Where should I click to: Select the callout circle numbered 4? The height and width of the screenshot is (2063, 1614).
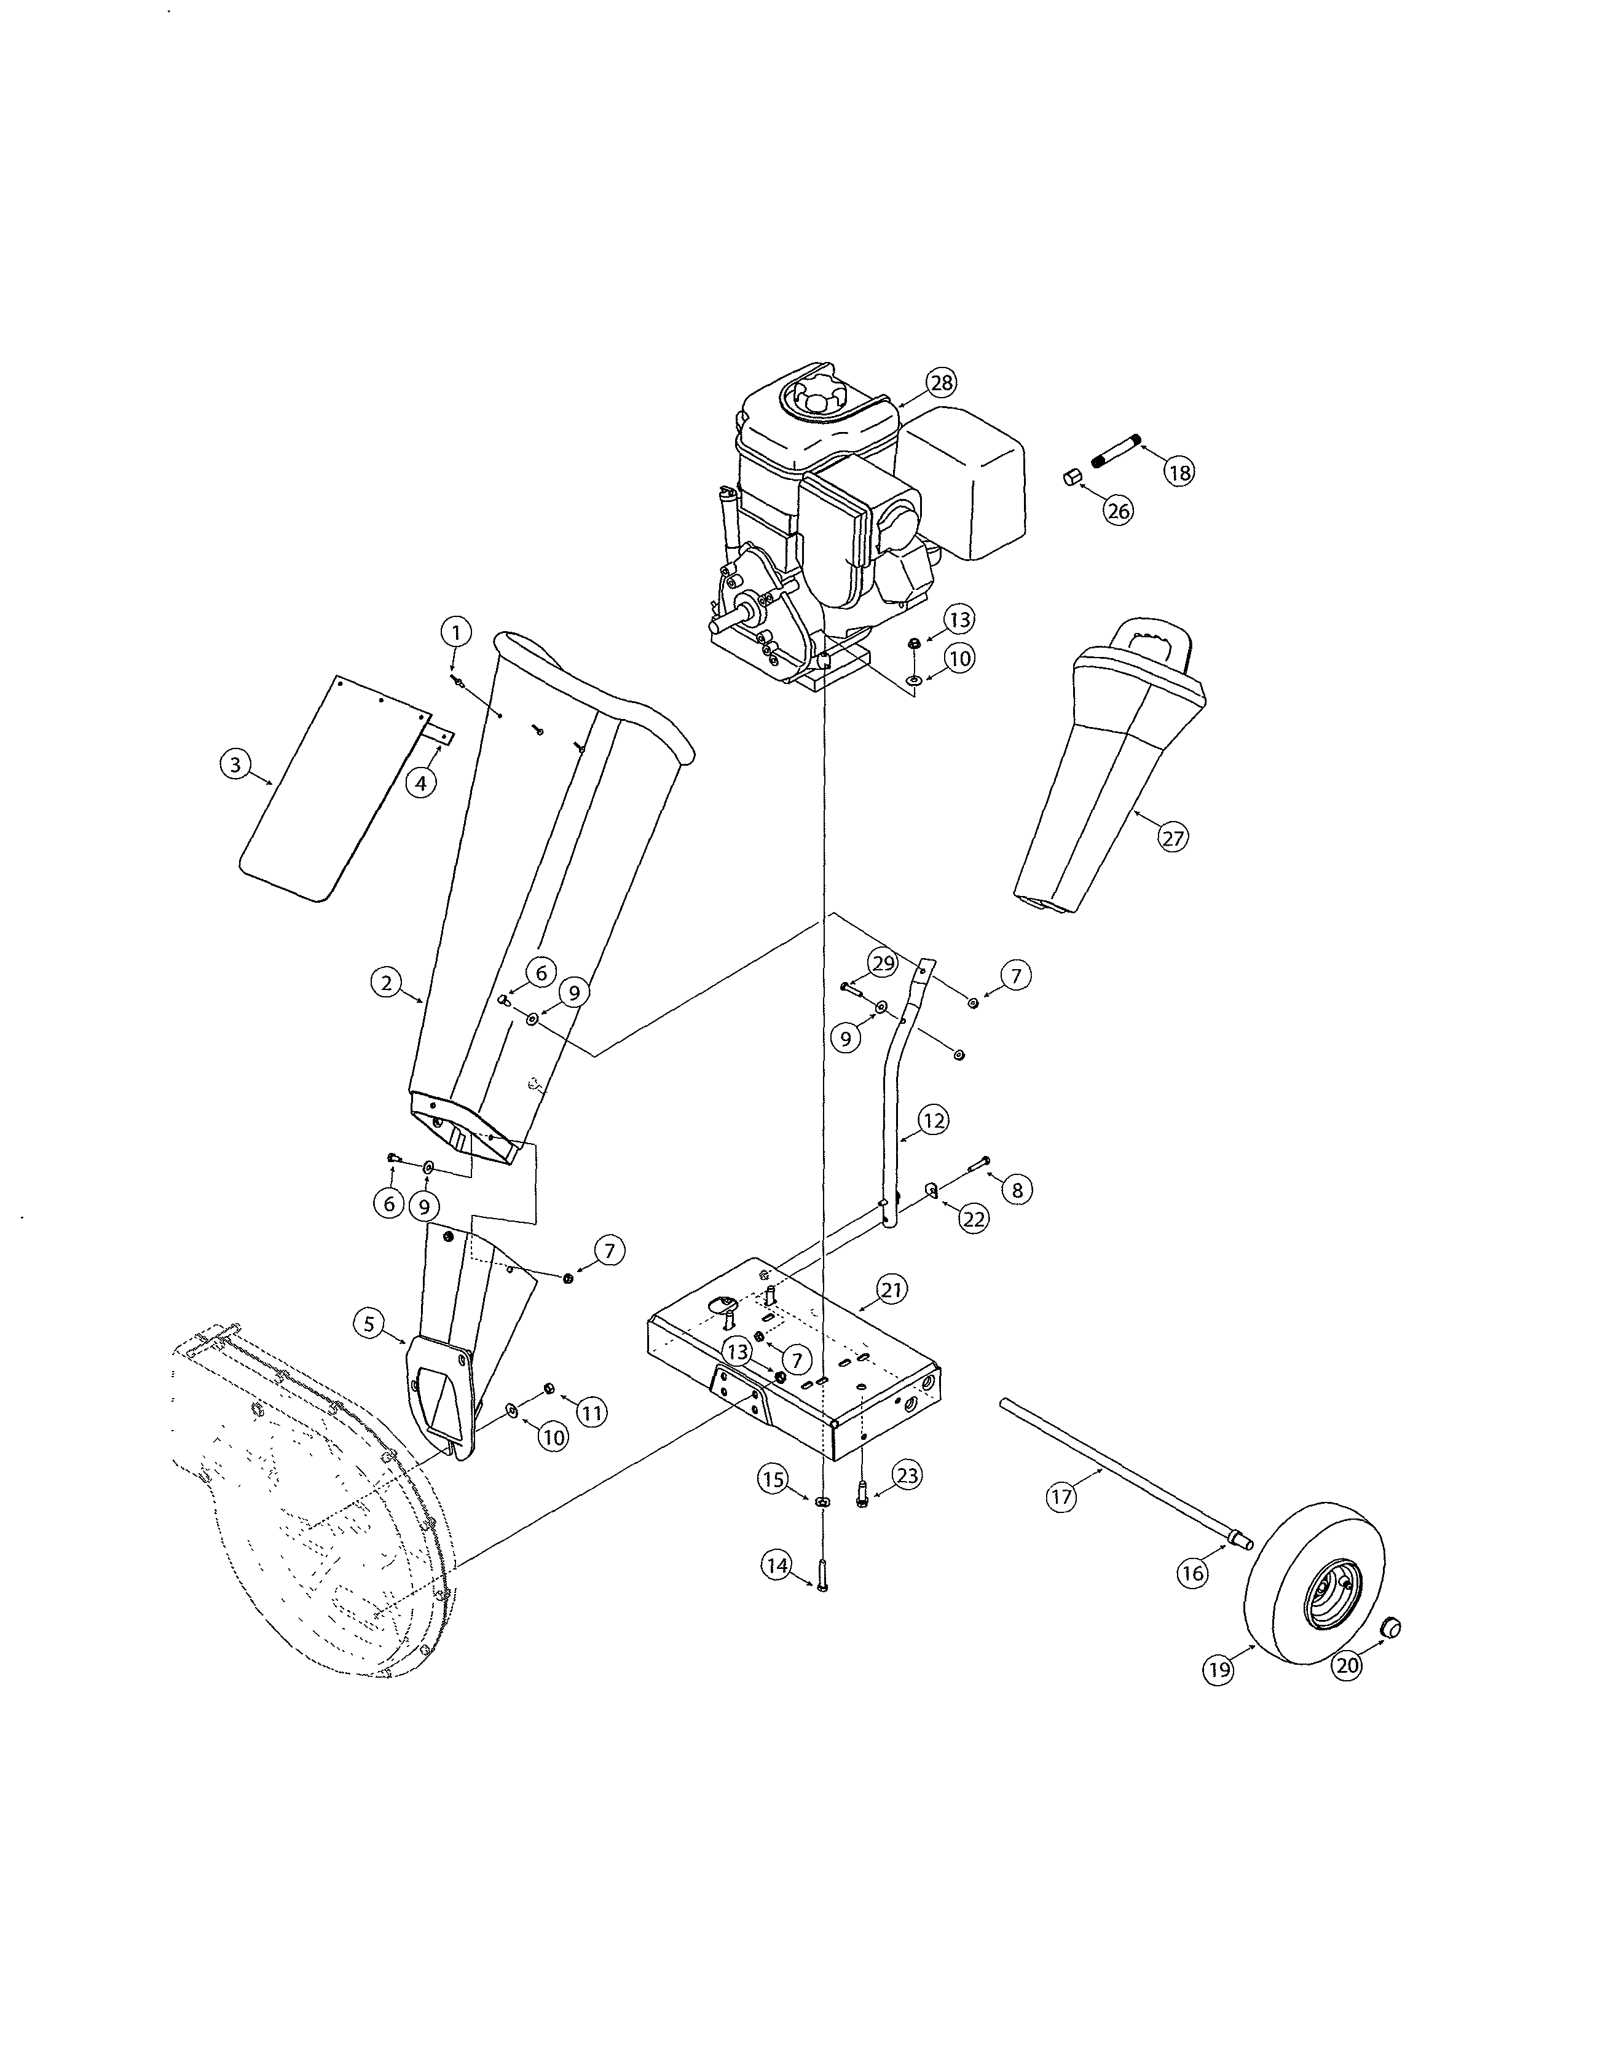tap(422, 782)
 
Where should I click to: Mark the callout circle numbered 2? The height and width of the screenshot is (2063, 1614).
tap(385, 983)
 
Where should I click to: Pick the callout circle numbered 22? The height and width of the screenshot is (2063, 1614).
tap(974, 1219)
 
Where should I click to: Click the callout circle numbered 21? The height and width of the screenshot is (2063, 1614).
tap(891, 1289)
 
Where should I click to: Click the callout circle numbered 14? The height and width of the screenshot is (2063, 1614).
tap(777, 1566)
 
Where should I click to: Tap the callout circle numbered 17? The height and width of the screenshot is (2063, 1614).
tap(1062, 1497)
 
